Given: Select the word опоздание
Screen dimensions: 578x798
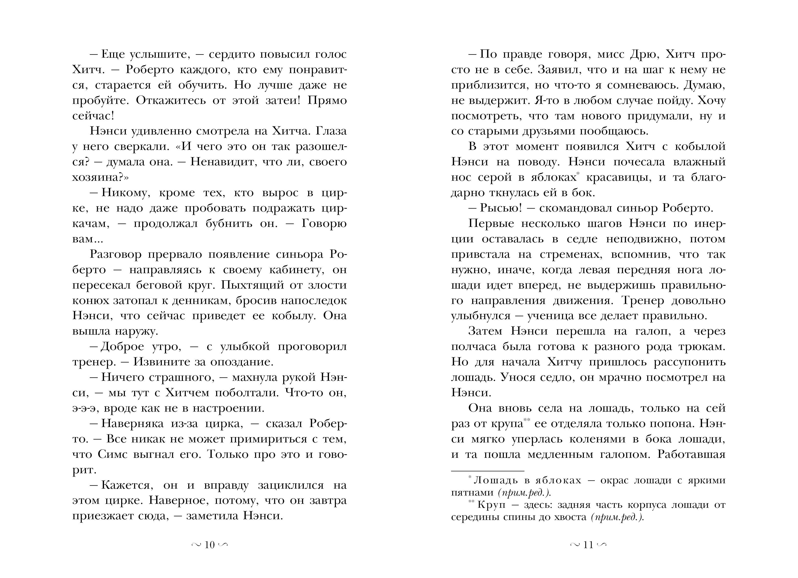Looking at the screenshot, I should [241, 362].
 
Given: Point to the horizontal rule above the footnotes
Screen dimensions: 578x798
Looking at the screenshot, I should [488, 471].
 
